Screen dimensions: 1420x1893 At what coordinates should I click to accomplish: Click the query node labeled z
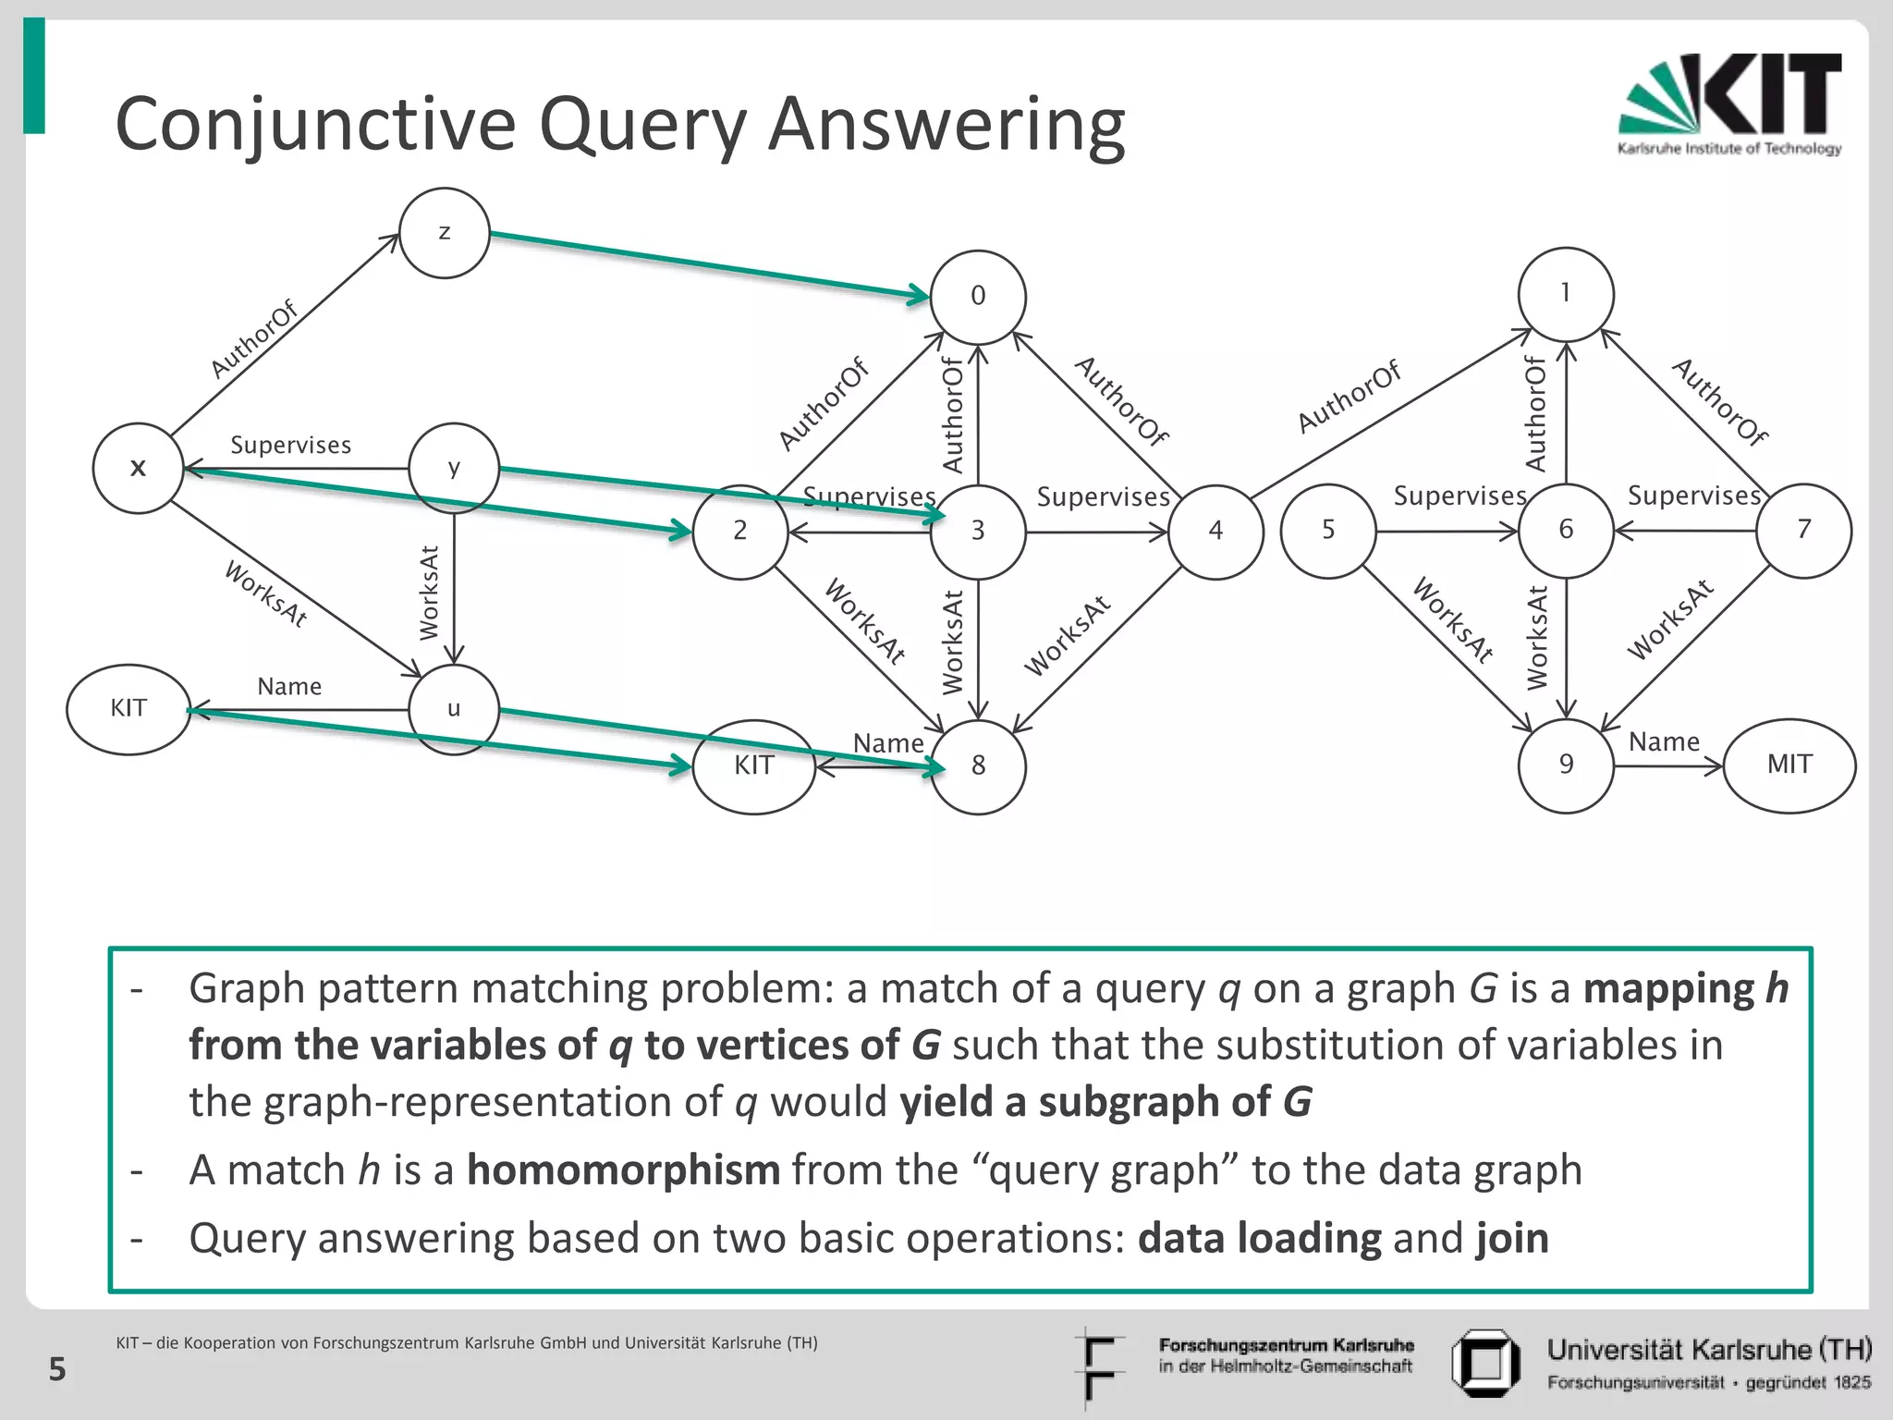[x=445, y=233]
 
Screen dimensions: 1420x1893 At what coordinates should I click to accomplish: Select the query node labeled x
[x=138, y=468]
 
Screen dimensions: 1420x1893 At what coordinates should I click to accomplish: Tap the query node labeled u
[x=454, y=709]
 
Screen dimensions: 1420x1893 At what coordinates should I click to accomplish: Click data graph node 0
[x=978, y=296]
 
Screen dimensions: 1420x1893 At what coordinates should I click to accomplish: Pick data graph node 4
[x=1215, y=531]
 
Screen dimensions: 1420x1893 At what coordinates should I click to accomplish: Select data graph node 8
[x=978, y=766]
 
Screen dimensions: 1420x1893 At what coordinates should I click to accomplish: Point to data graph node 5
[x=1328, y=531]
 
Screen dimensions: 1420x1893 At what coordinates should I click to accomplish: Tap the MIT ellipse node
[x=1789, y=765]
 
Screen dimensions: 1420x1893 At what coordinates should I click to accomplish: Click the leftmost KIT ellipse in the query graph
[x=128, y=709]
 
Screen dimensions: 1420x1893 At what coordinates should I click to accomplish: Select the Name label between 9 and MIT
[x=1664, y=741]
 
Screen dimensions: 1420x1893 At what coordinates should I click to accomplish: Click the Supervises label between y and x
[x=290, y=446]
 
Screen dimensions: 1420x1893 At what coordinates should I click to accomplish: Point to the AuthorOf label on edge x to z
[x=253, y=339]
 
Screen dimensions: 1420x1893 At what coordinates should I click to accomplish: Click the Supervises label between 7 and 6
[x=1693, y=496]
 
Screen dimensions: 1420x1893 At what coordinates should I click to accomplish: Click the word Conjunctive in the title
[x=314, y=125]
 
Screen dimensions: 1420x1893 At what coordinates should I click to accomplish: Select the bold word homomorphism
[x=623, y=1170]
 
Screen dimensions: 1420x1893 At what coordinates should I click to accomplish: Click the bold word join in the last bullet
[x=1512, y=1239]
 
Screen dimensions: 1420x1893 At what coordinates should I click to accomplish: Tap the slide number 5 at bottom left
[x=57, y=1369]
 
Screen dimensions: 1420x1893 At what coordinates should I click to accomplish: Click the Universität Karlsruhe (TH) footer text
[x=1709, y=1351]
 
